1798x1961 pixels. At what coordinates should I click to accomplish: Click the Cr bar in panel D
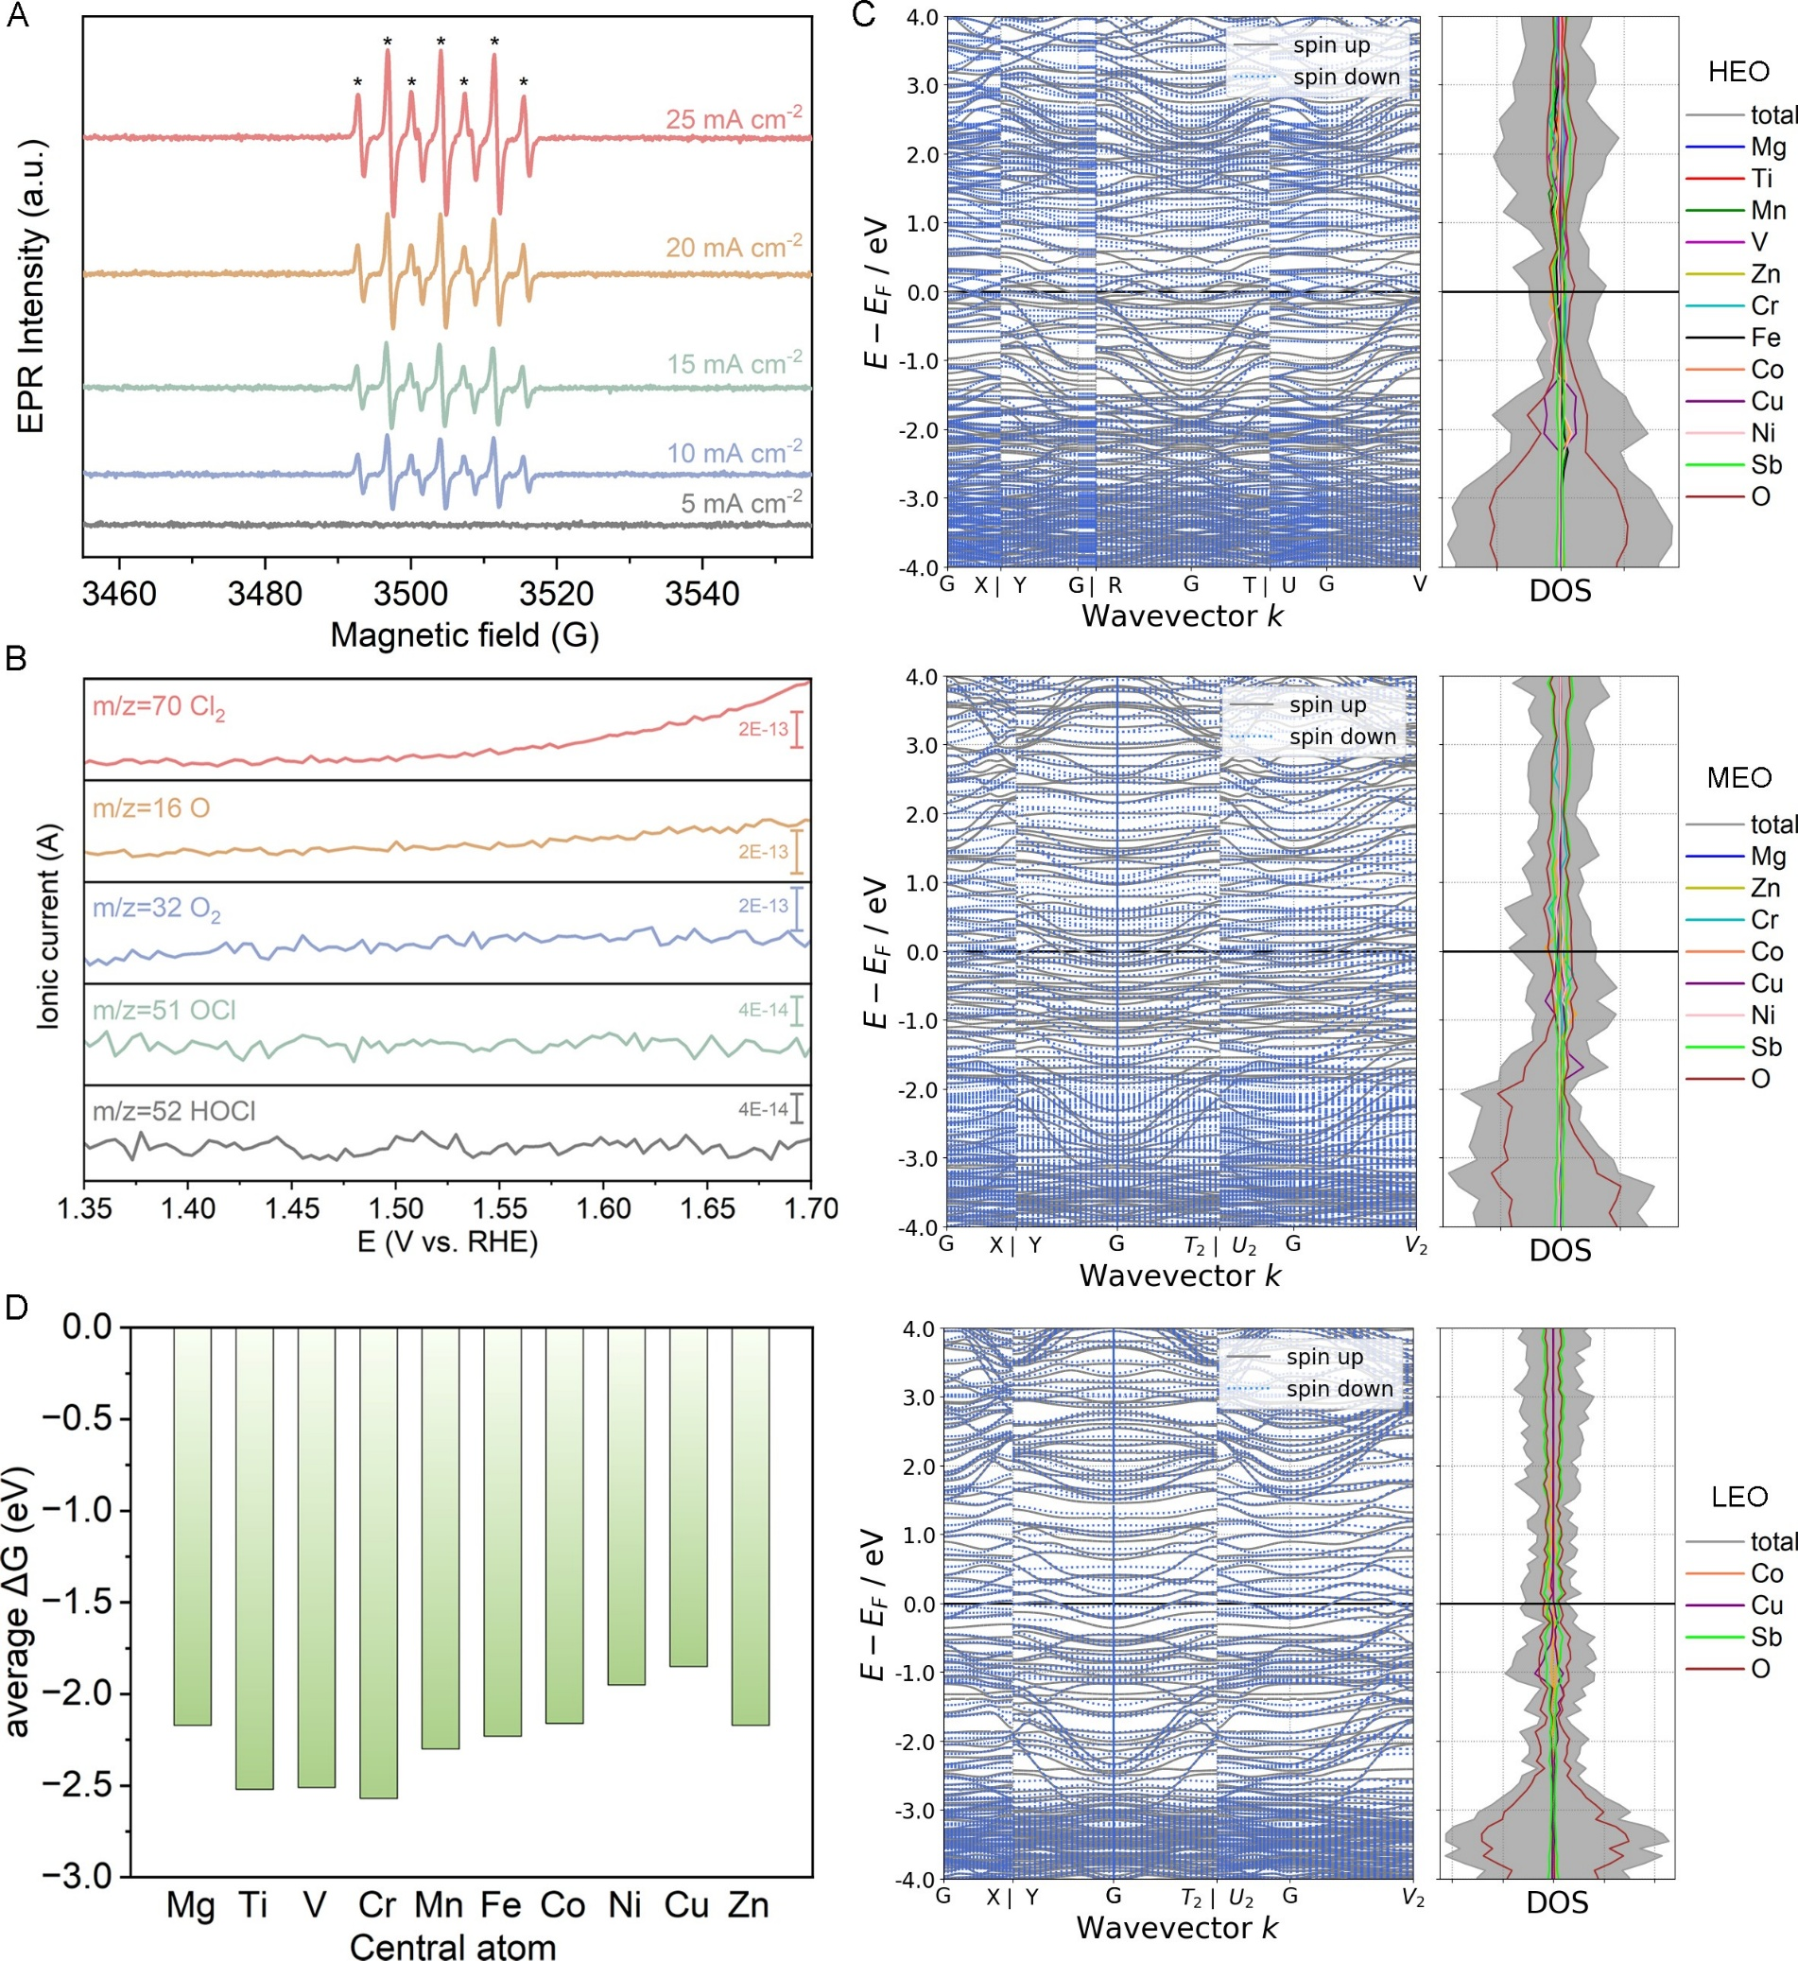378,1562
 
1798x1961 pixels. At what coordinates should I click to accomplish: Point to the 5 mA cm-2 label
740,503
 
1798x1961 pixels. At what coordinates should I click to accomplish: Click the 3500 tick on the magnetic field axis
410,593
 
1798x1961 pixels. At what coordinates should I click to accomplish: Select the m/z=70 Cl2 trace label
159,707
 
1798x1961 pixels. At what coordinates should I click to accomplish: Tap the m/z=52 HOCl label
174,1111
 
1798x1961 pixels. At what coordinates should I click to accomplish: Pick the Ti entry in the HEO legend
1761,178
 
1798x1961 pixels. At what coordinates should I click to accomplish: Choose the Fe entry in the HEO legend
1765,338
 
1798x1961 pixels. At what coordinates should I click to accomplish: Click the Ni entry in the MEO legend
1763,1015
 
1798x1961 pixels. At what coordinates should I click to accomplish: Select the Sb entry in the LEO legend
1766,1637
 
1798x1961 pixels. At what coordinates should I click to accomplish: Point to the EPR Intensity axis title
31,287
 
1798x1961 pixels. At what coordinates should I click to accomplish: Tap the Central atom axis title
453,1946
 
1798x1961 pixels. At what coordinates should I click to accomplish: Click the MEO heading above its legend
1738,777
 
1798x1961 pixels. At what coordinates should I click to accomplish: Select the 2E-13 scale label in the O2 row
763,906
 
